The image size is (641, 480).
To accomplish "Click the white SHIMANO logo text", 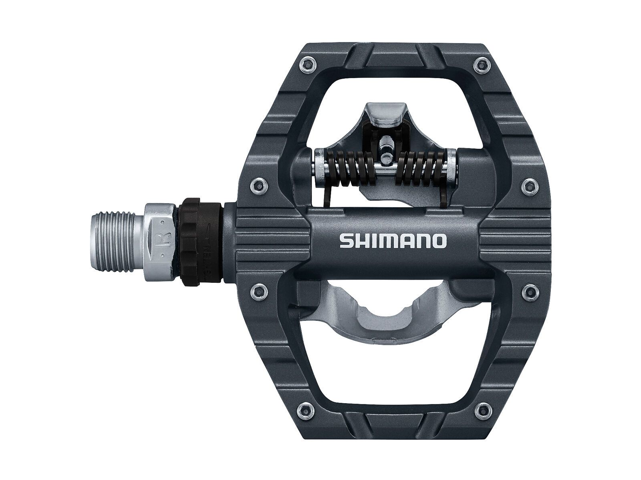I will pyautogui.click(x=393, y=241).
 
